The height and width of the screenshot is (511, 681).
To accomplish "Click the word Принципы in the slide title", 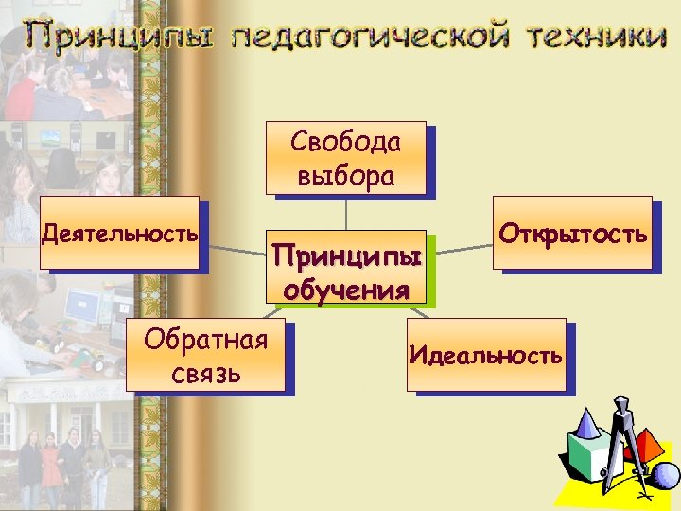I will tap(119, 38).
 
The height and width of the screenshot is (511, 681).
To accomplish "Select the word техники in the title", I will tap(592, 38).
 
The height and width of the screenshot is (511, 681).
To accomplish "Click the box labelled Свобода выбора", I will tap(345, 158).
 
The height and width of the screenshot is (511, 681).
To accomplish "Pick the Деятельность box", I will tap(119, 233).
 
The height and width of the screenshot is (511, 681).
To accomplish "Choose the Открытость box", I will tap(572, 233).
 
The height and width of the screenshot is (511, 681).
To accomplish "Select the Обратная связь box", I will tap(205, 356).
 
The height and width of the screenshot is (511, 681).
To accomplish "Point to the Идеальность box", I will tap(486, 356).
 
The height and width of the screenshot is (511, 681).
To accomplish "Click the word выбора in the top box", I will tap(345, 176).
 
